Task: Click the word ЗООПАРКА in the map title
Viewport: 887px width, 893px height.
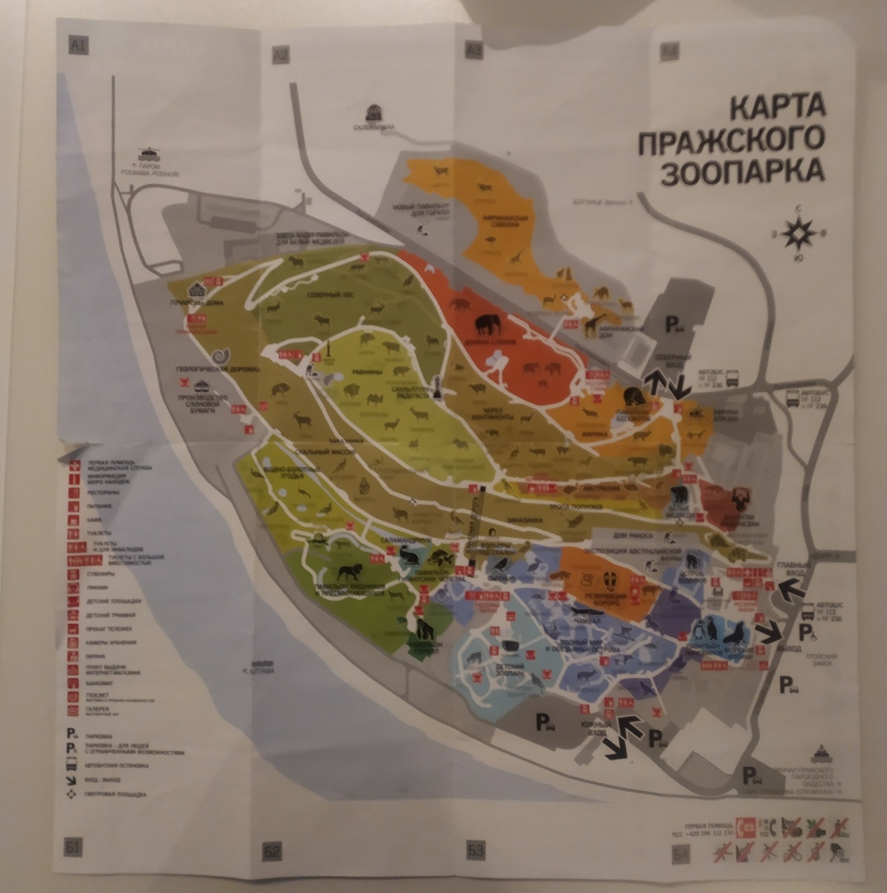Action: pyautogui.click(x=743, y=170)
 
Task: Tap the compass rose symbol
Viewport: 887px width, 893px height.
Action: pyautogui.click(x=800, y=234)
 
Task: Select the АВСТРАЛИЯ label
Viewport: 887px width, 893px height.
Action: pyautogui.click(x=601, y=487)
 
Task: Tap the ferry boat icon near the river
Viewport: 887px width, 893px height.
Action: pyautogui.click(x=153, y=152)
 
